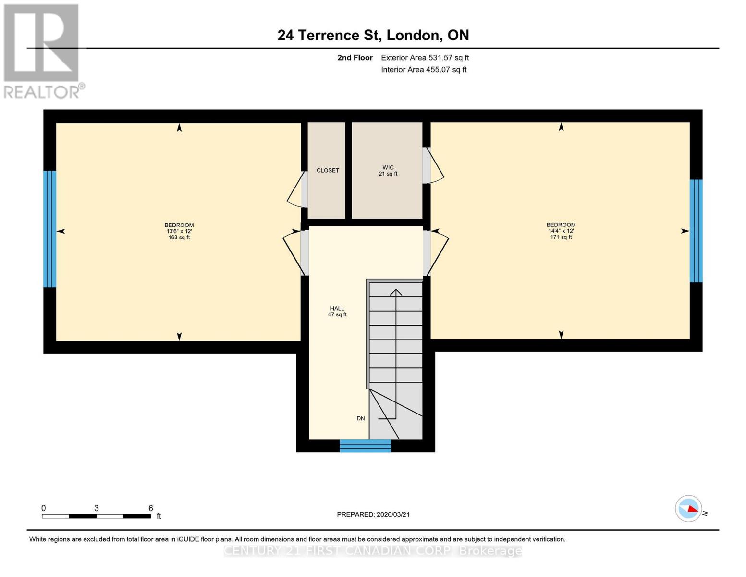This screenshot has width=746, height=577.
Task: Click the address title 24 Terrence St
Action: click(373, 35)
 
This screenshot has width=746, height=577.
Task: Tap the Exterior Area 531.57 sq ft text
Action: click(425, 58)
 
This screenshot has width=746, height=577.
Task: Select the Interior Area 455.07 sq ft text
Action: click(424, 70)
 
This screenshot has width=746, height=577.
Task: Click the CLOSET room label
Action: click(328, 171)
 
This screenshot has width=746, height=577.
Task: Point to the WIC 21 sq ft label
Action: click(388, 171)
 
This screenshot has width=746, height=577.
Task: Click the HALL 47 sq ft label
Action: click(337, 312)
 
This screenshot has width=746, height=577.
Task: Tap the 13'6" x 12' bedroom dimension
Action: click(179, 231)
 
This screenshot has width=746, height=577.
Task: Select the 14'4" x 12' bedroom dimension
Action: click(561, 231)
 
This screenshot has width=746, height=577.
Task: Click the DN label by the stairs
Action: click(361, 418)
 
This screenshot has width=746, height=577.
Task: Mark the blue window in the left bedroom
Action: click(49, 229)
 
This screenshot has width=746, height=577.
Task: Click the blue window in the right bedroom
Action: click(696, 231)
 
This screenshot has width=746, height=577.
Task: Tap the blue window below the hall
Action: click(365, 446)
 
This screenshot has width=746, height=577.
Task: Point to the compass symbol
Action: click(688, 509)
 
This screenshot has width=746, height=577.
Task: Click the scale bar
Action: click(96, 516)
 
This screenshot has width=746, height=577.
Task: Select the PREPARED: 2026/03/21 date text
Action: click(373, 514)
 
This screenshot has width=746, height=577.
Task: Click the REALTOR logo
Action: click(42, 50)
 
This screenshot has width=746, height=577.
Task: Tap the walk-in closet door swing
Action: click(434, 165)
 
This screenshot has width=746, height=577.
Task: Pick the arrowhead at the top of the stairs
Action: click(396, 292)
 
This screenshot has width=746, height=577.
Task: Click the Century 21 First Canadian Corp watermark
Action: click(373, 551)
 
